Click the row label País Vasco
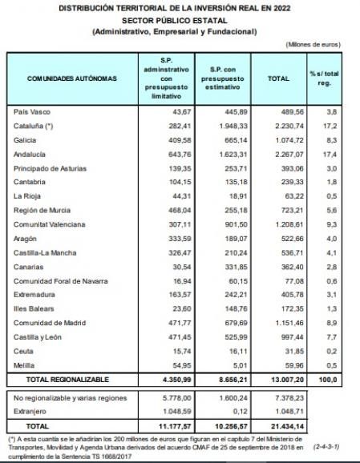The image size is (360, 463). pos(33,112)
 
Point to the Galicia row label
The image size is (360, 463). pos(28,139)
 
